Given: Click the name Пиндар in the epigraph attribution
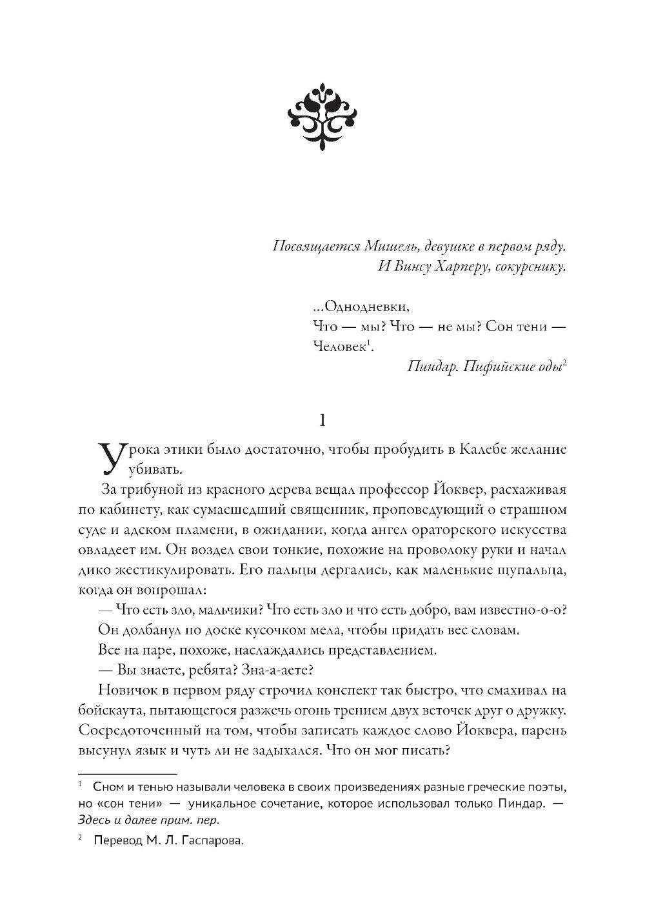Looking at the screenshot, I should click(x=432, y=367).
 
